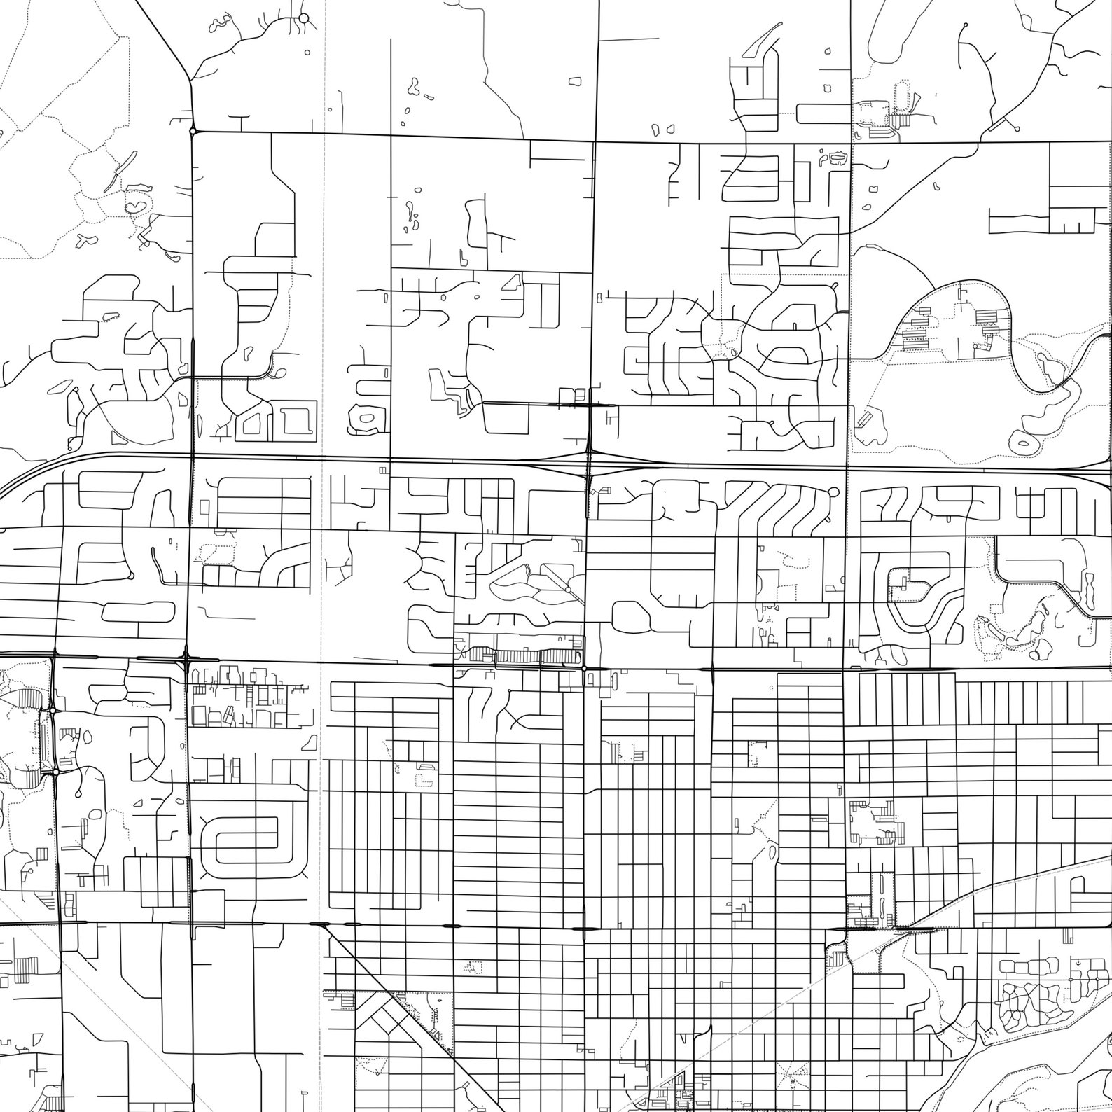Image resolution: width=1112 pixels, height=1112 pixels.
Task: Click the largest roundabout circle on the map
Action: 303,18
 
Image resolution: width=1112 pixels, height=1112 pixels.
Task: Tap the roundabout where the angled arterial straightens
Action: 192,130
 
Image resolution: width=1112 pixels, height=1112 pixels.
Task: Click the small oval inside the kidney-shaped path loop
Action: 1024,443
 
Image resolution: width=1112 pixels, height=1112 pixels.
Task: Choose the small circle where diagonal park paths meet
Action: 567,590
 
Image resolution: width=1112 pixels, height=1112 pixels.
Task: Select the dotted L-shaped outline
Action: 424,779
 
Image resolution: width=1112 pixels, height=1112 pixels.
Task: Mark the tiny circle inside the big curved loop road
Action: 975,346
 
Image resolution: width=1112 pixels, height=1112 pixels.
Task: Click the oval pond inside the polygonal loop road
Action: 367,419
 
